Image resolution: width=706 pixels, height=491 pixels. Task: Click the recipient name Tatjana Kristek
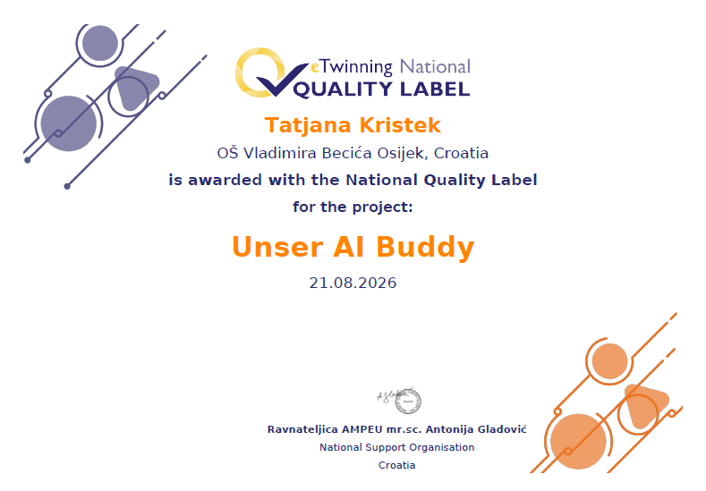click(x=353, y=125)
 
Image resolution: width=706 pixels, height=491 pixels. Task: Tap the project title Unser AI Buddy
click(x=353, y=247)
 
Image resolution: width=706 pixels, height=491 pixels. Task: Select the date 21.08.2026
click(x=353, y=283)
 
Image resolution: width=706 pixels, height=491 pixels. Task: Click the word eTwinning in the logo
click(x=352, y=67)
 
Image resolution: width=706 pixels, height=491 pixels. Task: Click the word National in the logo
click(x=435, y=66)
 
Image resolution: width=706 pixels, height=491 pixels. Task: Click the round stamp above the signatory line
click(x=408, y=401)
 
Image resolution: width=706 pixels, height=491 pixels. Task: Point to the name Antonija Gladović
click(x=476, y=429)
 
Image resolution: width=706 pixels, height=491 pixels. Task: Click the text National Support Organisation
click(x=396, y=447)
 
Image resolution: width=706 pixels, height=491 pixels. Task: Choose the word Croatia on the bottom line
click(x=396, y=465)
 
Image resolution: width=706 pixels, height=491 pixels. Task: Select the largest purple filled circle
click(x=68, y=123)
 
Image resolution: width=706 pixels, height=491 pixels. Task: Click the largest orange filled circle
click(x=578, y=442)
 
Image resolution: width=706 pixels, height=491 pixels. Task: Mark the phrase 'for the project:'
click(x=353, y=207)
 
